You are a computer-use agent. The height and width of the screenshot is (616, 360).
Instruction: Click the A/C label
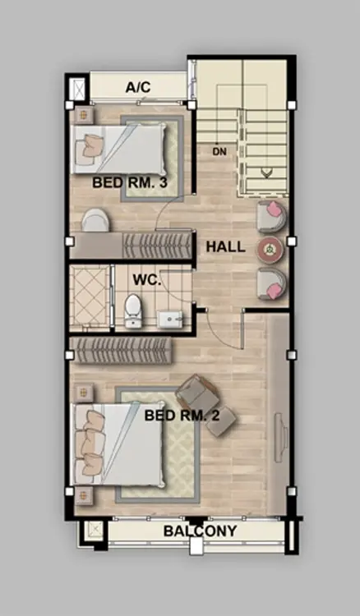coord(138,87)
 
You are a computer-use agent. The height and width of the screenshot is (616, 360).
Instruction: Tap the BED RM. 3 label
coord(130,182)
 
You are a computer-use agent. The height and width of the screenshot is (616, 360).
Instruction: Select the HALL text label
coord(225,247)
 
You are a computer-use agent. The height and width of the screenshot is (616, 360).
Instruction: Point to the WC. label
coord(146,280)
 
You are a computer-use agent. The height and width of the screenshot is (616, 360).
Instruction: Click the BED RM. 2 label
coord(182,416)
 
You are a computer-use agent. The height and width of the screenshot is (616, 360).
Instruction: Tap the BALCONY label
coord(200,531)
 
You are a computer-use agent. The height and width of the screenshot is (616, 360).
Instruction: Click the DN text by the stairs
coord(219,152)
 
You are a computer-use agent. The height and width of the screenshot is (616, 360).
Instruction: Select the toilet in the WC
coord(132,310)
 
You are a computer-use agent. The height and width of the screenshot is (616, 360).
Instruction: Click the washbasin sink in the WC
coord(170,319)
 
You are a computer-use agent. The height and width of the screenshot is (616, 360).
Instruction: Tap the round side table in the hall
coord(270,248)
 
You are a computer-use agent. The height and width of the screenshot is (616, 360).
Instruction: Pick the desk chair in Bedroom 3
coord(95,220)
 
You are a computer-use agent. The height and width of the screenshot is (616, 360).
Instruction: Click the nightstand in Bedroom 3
coord(83,116)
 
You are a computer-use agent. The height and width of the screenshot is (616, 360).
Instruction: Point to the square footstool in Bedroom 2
coord(221,422)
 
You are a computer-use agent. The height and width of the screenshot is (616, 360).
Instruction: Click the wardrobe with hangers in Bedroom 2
coord(122,351)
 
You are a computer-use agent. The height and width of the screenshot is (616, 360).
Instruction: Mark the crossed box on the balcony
coord(95,531)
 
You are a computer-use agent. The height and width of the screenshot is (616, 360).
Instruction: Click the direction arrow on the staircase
coord(267,172)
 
